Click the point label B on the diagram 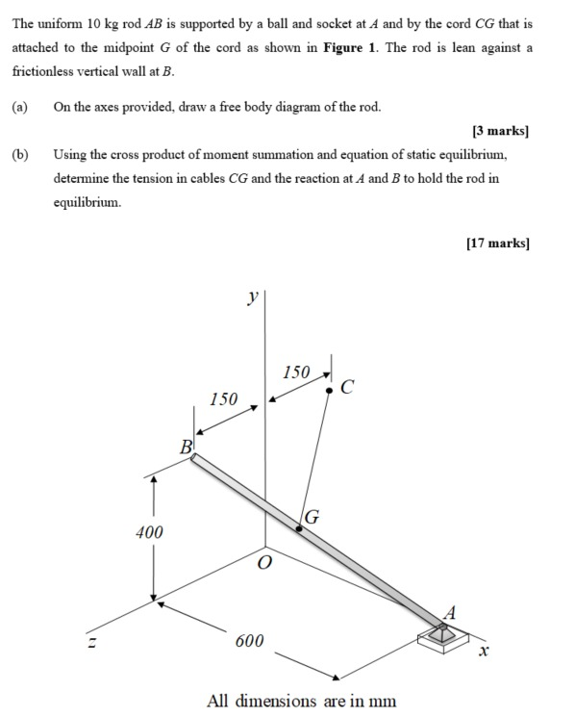(x=186, y=447)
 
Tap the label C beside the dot (x=347, y=388)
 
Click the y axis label (x=252, y=298)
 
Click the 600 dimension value (x=249, y=641)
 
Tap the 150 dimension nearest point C (x=297, y=371)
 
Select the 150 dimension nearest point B (x=223, y=398)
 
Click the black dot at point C (x=329, y=391)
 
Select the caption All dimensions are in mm (x=301, y=700)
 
